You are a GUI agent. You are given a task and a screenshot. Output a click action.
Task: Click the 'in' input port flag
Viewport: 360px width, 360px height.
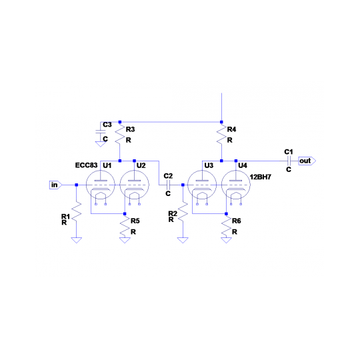[55, 185]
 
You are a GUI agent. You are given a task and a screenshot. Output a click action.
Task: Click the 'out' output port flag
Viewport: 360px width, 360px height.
[307, 161]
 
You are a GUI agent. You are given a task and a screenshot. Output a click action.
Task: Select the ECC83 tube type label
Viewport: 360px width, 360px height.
[86, 165]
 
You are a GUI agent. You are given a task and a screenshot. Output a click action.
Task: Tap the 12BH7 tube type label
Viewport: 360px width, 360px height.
[261, 177]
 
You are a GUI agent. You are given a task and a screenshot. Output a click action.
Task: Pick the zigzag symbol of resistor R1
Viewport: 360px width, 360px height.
[77, 212]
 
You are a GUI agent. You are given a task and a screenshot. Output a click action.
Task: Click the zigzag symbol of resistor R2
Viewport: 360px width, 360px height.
[183, 212]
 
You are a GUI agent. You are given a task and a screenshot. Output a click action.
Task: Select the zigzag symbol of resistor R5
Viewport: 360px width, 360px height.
[125, 227]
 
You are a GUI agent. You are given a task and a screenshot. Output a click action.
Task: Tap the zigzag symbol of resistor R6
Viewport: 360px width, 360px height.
[227, 227]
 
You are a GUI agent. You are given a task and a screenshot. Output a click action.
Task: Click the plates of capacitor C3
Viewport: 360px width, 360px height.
[100, 131]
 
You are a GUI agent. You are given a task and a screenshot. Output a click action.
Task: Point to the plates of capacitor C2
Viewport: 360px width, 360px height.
[168, 185]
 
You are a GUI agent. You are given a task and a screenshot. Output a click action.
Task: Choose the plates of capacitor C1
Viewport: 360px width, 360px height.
[289, 161]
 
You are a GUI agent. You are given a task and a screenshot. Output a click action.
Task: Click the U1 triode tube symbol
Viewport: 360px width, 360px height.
[100, 185]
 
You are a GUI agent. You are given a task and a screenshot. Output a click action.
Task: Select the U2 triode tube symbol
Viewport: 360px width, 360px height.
[134, 185]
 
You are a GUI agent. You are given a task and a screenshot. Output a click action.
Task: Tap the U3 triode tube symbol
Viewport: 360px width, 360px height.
[202, 185]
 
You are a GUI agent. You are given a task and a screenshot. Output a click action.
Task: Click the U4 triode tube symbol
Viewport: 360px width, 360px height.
[236, 185]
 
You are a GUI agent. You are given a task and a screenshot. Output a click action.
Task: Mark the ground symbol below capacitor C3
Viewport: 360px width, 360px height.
[100, 144]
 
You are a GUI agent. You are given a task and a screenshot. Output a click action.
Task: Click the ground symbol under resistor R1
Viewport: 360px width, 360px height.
[77, 240]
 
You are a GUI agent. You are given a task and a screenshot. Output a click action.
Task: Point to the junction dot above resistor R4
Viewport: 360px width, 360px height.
[221, 122]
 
